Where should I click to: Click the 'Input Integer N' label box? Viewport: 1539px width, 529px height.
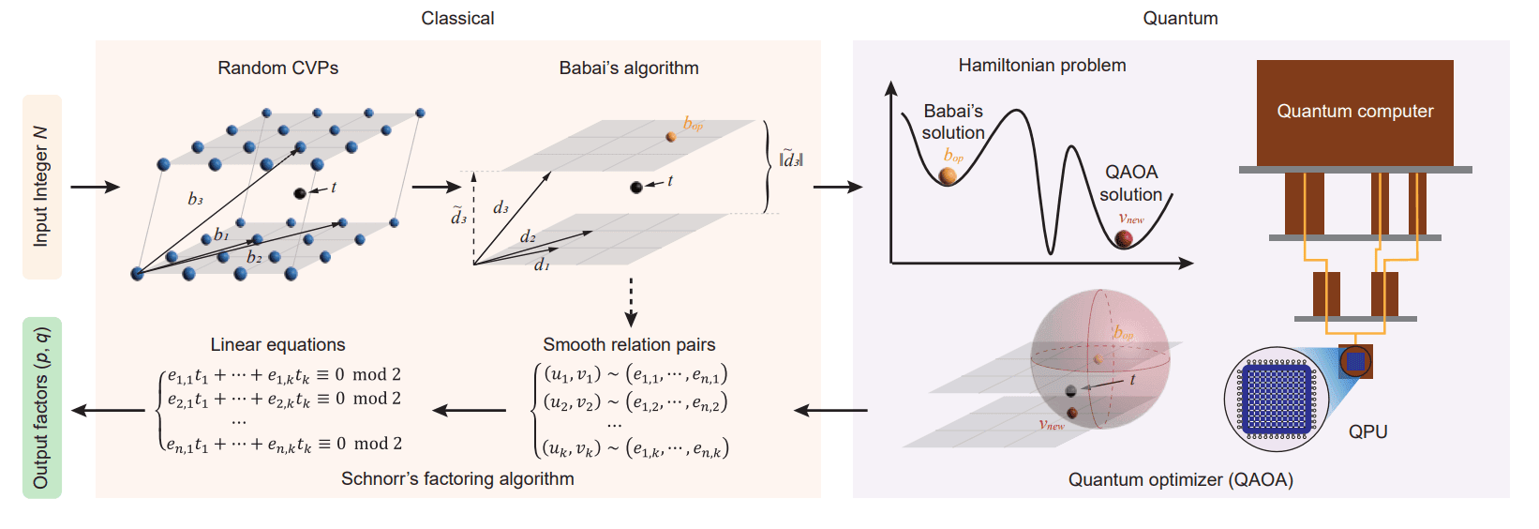(x=41, y=187)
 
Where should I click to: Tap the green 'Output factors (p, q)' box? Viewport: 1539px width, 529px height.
(x=41, y=407)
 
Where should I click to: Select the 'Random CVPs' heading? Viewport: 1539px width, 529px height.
(x=277, y=68)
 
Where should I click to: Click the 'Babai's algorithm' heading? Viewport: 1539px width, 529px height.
(x=628, y=68)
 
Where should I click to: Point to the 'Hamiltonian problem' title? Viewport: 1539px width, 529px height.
(x=1041, y=66)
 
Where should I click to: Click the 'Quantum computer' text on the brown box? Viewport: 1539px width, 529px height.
(x=1354, y=111)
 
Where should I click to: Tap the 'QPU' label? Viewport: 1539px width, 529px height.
(x=1367, y=431)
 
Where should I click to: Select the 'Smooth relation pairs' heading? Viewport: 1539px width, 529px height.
(x=629, y=344)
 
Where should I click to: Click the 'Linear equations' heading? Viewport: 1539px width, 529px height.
(x=277, y=344)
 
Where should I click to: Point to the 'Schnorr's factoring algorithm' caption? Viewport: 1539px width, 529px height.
(x=457, y=478)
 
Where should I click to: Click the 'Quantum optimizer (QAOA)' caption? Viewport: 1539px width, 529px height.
(x=1180, y=479)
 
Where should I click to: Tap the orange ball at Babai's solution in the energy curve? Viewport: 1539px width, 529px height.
(x=949, y=175)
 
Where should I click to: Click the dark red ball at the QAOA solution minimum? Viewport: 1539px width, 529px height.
(x=1124, y=238)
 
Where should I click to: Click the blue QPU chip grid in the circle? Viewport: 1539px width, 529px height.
(x=1276, y=399)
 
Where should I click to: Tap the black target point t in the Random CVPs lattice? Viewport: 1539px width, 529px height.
(x=300, y=193)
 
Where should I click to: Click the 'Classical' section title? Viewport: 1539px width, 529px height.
(x=457, y=18)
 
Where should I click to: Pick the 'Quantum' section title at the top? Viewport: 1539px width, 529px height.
(x=1180, y=18)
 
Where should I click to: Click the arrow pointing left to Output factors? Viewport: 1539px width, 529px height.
(x=109, y=410)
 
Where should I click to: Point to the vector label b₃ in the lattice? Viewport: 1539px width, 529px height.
(x=195, y=199)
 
